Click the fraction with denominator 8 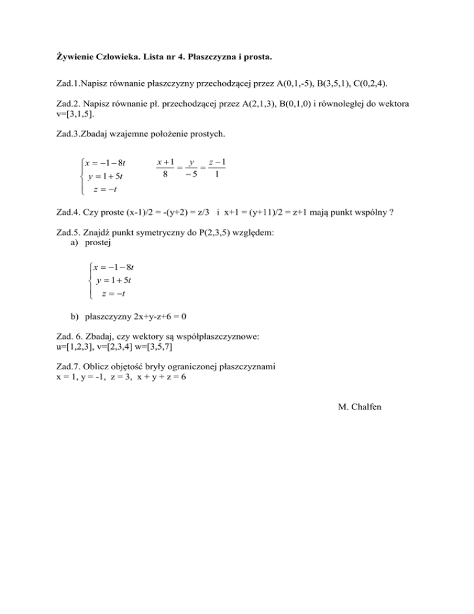point(164,169)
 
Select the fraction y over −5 point(193,169)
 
